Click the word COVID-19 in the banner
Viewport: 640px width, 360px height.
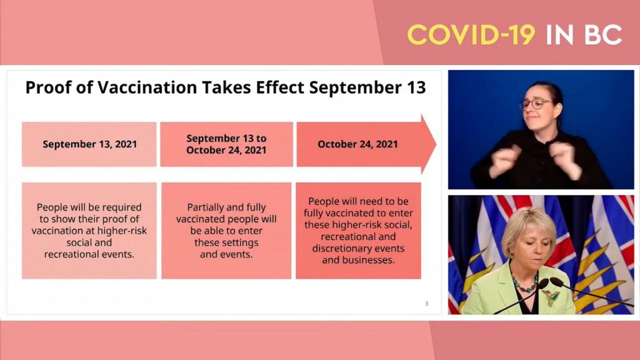[471, 35]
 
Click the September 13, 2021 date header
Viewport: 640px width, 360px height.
[89, 144]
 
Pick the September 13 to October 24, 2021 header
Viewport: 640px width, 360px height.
[226, 144]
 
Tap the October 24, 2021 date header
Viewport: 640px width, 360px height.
[357, 144]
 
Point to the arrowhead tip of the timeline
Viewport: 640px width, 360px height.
[435, 144]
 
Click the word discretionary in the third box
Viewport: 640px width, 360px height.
[341, 248]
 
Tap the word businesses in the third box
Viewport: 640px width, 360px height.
[369, 259]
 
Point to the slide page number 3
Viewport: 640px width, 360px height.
[427, 304]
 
